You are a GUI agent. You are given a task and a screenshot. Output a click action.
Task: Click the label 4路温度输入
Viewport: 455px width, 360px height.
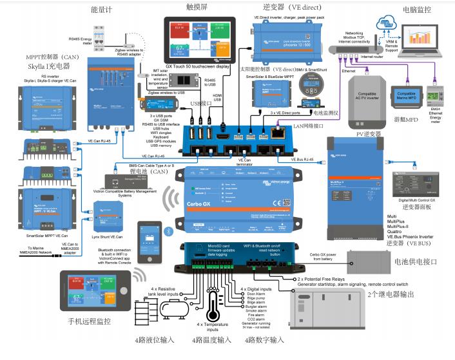point(211,339)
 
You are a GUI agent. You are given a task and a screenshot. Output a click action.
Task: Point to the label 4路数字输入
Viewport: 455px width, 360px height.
point(264,339)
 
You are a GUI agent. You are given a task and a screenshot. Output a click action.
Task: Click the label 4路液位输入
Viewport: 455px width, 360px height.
point(155,339)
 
